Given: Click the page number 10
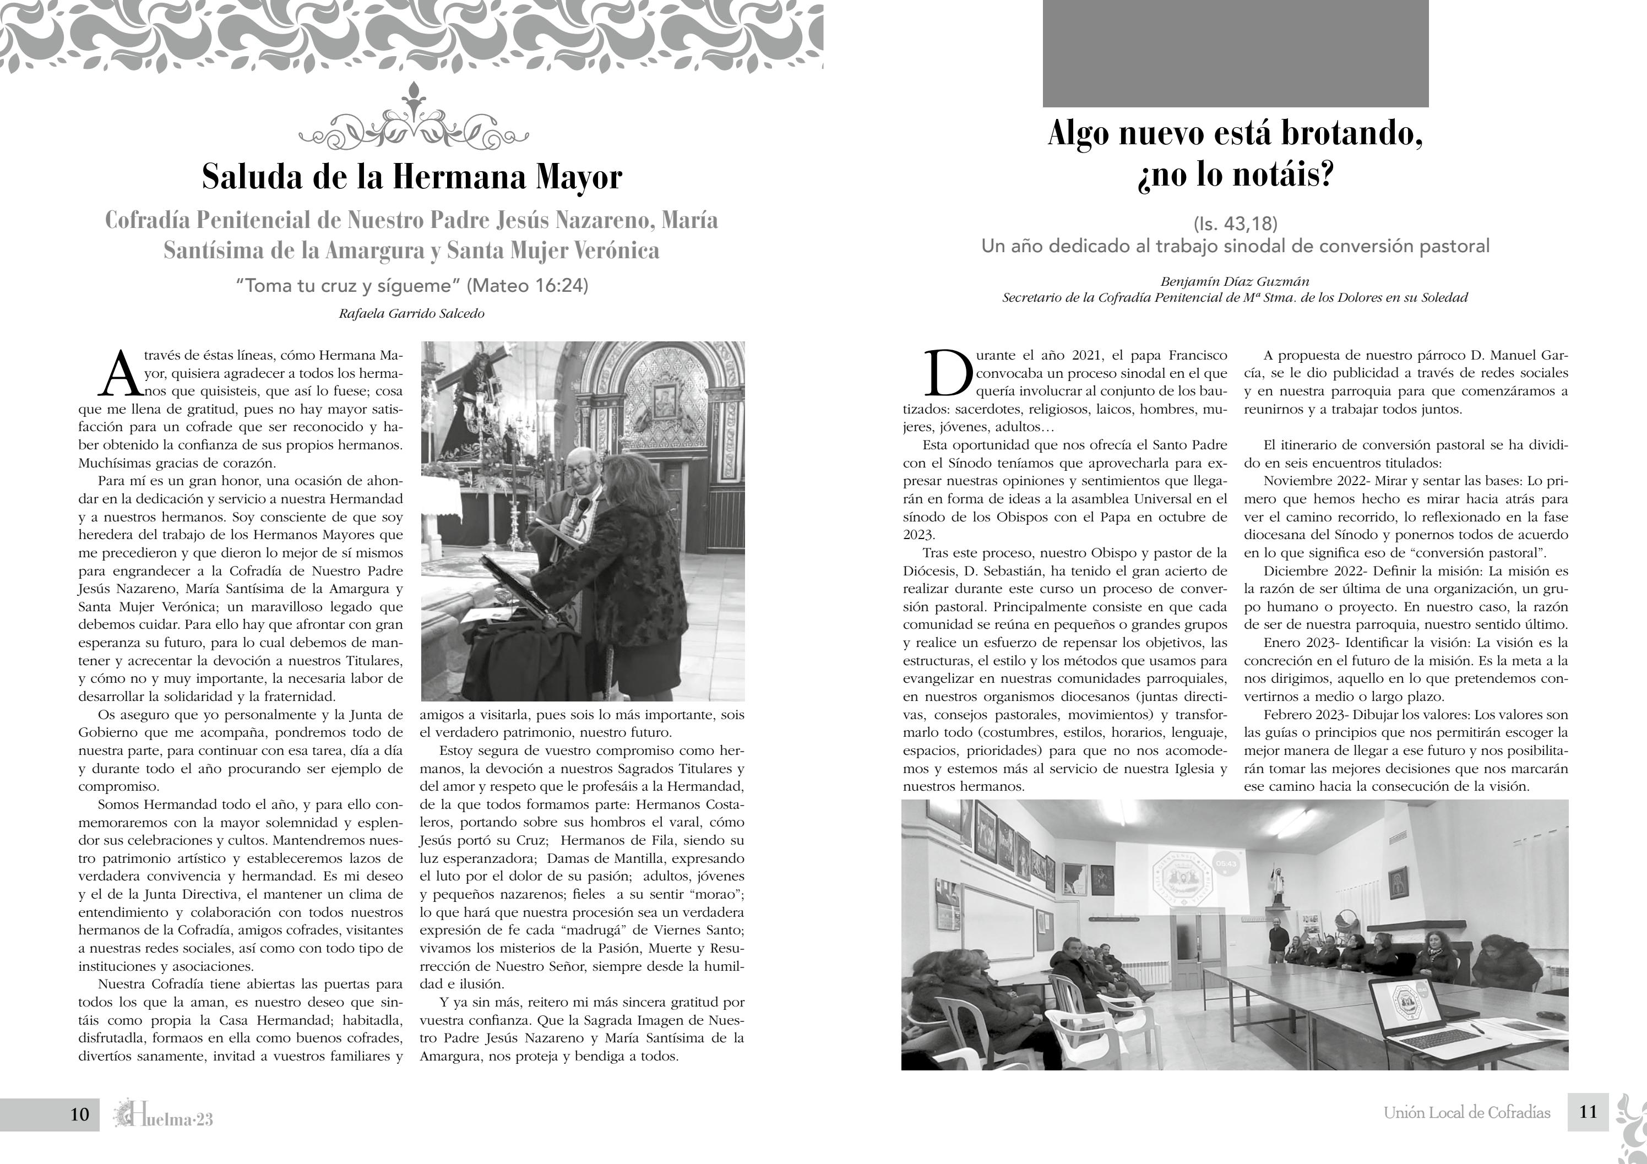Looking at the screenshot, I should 80,1114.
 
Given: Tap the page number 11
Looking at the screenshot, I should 1588,1112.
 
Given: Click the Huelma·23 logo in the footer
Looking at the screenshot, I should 164,1115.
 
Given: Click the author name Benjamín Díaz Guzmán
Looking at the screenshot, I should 1235,282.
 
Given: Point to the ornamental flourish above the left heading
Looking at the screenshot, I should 412,118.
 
